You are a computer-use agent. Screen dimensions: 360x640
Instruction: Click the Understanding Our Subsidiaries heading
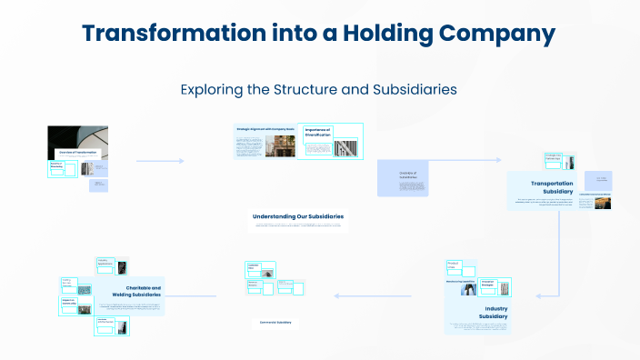click(297, 216)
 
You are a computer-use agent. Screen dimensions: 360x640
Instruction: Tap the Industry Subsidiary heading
click(495, 313)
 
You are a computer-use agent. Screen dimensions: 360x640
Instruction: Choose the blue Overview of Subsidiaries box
click(402, 178)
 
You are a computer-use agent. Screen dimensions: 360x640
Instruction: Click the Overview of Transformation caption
click(77, 152)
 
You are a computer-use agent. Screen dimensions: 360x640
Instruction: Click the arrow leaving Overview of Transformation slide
click(159, 162)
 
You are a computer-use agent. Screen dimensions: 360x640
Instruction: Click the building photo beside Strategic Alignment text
click(275, 146)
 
